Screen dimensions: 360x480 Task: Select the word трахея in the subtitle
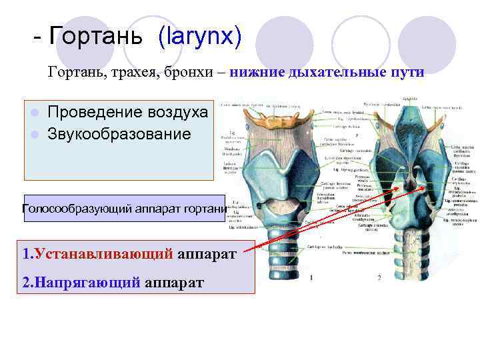coord(130,71)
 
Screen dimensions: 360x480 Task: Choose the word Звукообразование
coord(119,134)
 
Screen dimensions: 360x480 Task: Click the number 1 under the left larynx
coord(311,277)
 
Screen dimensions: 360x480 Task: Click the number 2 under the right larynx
coord(379,277)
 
